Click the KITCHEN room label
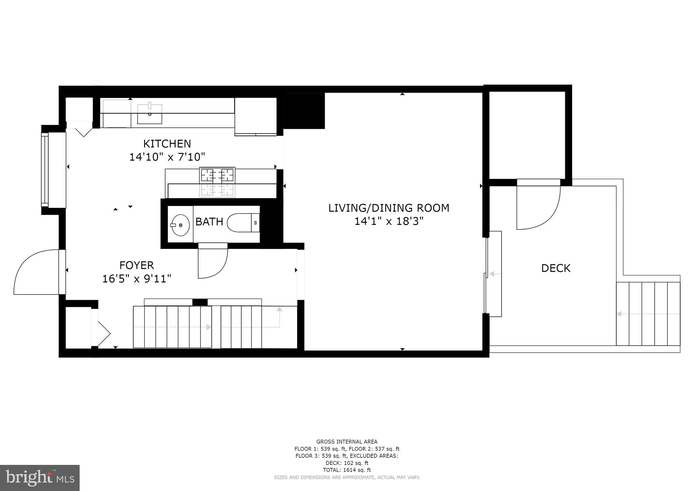coord(167,144)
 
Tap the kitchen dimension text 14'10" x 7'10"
coord(167,157)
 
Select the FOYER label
coord(137,265)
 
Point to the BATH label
coord(209,222)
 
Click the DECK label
coord(556,268)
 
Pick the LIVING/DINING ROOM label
coord(389,208)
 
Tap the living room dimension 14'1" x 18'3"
coord(389,221)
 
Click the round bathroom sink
coord(180,225)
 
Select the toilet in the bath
coord(243,223)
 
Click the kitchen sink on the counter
coord(149,114)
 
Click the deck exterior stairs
coord(648,314)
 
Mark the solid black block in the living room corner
coord(304,111)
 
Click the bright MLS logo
coord(40,478)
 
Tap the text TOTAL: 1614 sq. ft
coord(347,470)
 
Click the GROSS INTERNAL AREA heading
coord(347,441)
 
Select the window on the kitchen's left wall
coord(45,170)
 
